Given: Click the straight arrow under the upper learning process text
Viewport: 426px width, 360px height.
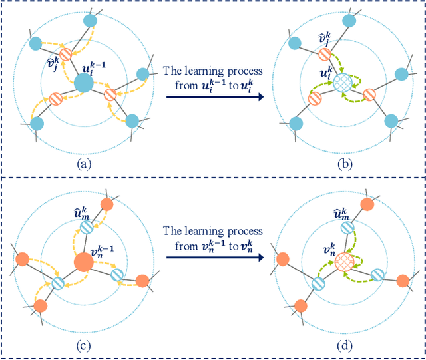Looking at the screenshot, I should tap(214, 97).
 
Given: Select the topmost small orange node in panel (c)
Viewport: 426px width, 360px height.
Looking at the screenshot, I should tap(105, 203).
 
